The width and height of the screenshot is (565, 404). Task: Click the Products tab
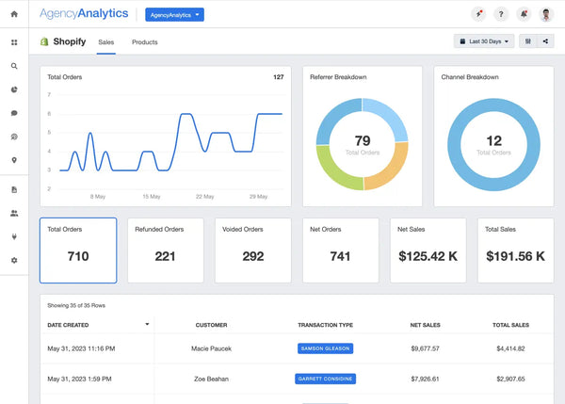click(x=144, y=42)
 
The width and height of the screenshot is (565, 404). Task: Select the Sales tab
click(x=106, y=42)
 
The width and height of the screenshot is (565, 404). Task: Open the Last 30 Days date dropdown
click(x=484, y=41)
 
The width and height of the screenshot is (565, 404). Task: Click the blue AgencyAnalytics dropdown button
click(x=174, y=14)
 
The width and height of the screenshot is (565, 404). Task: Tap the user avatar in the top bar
click(x=546, y=14)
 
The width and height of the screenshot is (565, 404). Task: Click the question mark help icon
click(x=501, y=14)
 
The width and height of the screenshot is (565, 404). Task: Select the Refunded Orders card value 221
click(x=165, y=256)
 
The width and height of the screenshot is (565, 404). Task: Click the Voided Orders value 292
click(x=252, y=256)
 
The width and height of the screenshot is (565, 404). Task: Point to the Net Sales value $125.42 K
click(x=428, y=256)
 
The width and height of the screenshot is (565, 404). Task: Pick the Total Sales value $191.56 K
click(x=515, y=256)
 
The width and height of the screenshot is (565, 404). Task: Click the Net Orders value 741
click(x=340, y=256)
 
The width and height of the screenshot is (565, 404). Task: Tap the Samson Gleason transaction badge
click(x=325, y=348)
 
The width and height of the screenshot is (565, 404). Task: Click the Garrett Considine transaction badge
click(x=325, y=379)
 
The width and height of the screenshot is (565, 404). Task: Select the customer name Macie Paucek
click(x=211, y=348)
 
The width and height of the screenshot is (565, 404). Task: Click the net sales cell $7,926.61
click(x=427, y=379)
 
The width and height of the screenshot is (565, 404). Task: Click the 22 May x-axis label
click(x=204, y=197)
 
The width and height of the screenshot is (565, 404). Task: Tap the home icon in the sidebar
click(x=13, y=14)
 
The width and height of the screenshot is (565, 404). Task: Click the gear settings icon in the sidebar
click(x=13, y=260)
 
